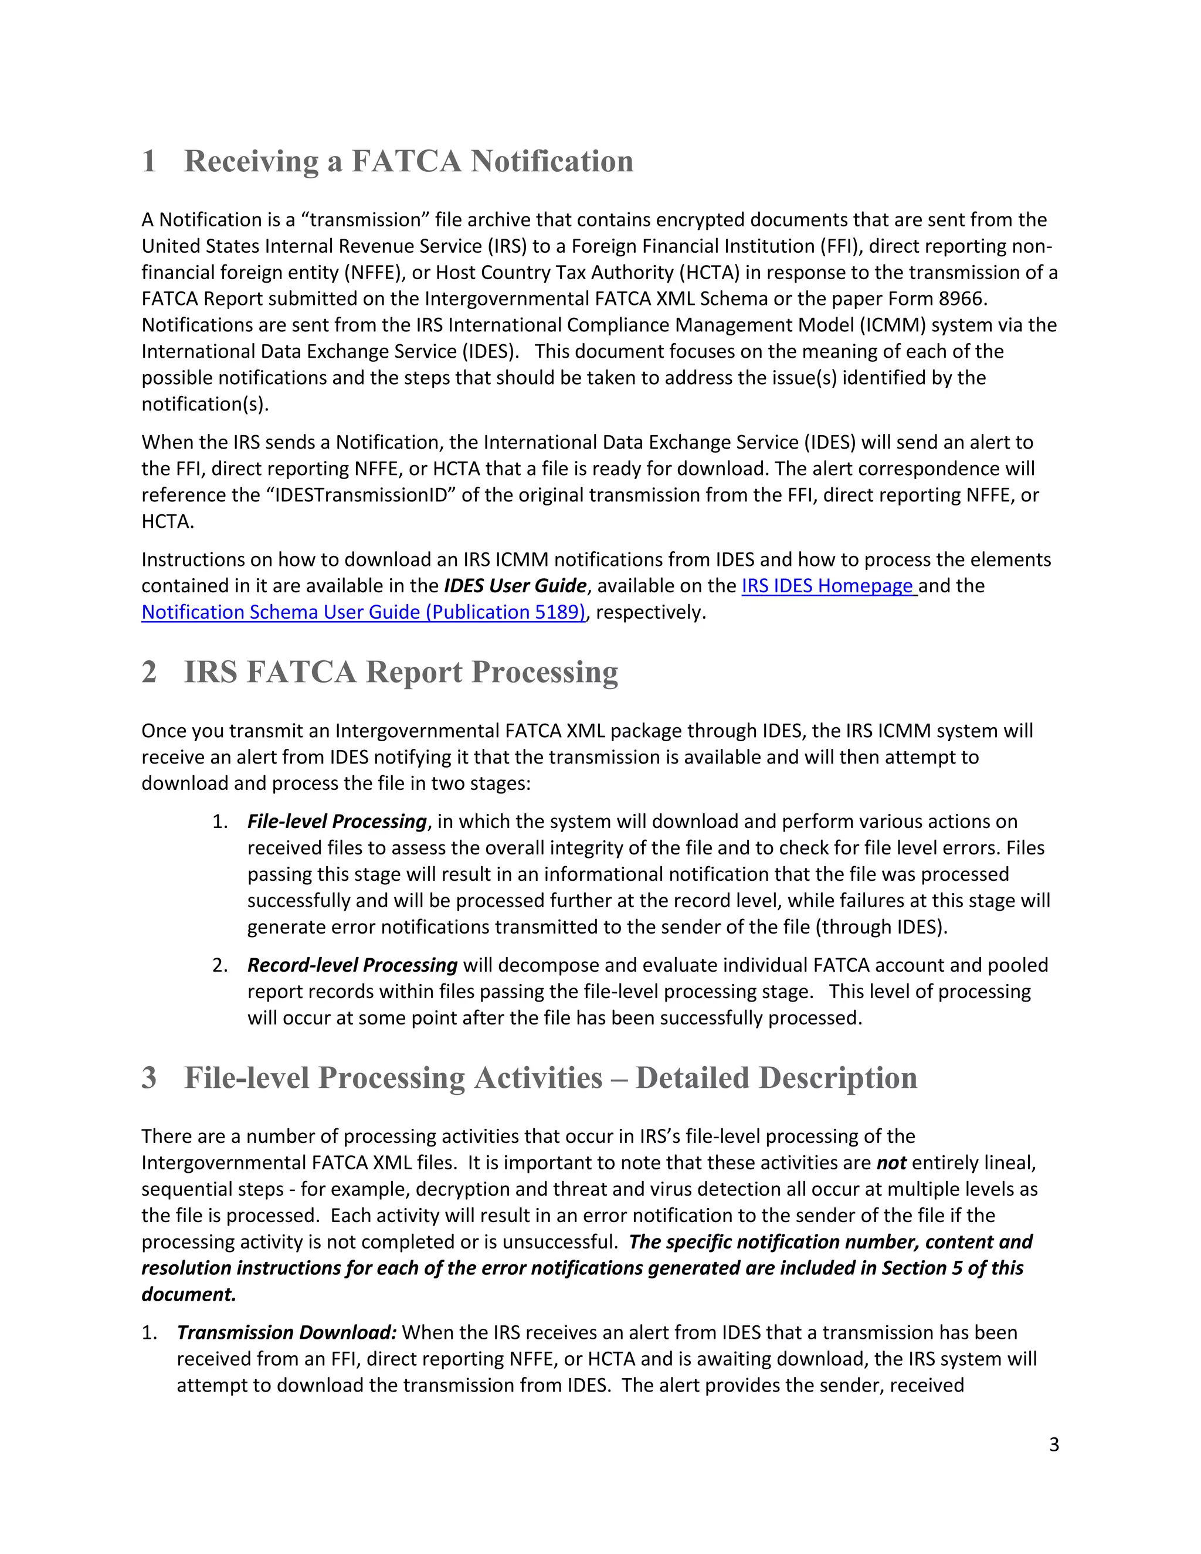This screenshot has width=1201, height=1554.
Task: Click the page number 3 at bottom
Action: tap(1054, 1444)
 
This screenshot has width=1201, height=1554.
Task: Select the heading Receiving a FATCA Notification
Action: tap(408, 161)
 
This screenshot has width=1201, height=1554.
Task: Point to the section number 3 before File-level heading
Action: tap(149, 1077)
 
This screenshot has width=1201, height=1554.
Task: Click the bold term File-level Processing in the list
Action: tap(337, 821)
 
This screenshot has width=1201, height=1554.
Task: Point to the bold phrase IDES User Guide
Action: tap(515, 586)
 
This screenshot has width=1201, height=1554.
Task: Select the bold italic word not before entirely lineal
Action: tap(891, 1163)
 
